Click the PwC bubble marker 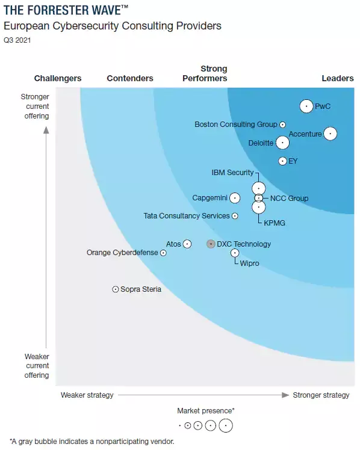click(x=306, y=106)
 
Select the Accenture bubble click(x=330, y=134)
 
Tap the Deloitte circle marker click(x=282, y=143)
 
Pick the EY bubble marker click(x=282, y=161)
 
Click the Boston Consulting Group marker click(x=282, y=125)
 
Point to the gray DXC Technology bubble click(x=211, y=244)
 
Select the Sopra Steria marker click(x=116, y=289)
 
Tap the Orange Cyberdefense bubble click(x=163, y=253)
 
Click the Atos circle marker click(x=187, y=244)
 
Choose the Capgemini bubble click(x=235, y=198)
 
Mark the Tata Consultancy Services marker click(x=235, y=216)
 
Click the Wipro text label click(x=250, y=264)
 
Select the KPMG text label click(x=275, y=223)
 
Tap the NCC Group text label click(x=289, y=199)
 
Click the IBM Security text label click(x=232, y=173)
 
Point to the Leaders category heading click(x=338, y=78)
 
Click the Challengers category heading click(x=58, y=78)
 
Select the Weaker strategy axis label click(x=87, y=395)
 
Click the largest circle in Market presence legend click(x=225, y=425)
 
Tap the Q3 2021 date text click(x=17, y=41)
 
